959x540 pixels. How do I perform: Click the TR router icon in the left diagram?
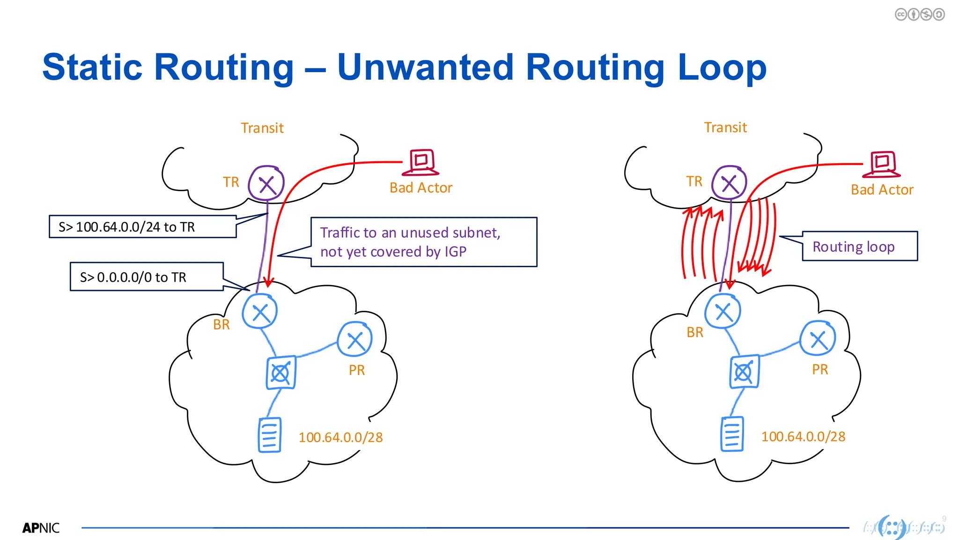pyautogui.click(x=266, y=183)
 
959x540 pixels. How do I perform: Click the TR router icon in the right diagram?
pyautogui.click(x=729, y=183)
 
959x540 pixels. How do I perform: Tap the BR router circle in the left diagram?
pyautogui.click(x=260, y=312)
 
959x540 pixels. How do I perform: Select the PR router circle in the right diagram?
pyautogui.click(x=818, y=338)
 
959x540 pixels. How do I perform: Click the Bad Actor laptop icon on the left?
pyautogui.click(x=422, y=162)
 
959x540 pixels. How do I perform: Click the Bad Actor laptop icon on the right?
pyautogui.click(x=882, y=165)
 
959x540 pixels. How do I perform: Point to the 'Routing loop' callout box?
pyautogui.click(x=859, y=246)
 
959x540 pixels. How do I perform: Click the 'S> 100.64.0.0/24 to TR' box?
pyautogui.click(x=142, y=227)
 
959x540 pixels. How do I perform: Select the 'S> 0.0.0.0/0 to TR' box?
pyautogui.click(x=147, y=277)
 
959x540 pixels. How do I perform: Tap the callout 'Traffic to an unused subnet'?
pyautogui.click(x=423, y=242)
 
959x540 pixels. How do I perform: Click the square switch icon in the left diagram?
pyautogui.click(x=281, y=373)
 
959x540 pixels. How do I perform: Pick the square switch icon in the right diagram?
pyautogui.click(x=744, y=372)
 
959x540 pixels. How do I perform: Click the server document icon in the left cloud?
pyautogui.click(x=270, y=435)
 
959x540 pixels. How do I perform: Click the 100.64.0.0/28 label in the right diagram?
pyautogui.click(x=803, y=436)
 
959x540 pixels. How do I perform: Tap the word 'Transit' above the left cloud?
pyautogui.click(x=262, y=128)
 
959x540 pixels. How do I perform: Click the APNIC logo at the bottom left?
pyautogui.click(x=41, y=528)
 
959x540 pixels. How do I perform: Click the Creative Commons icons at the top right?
pyautogui.click(x=919, y=15)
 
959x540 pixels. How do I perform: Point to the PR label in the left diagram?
pyautogui.click(x=356, y=370)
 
